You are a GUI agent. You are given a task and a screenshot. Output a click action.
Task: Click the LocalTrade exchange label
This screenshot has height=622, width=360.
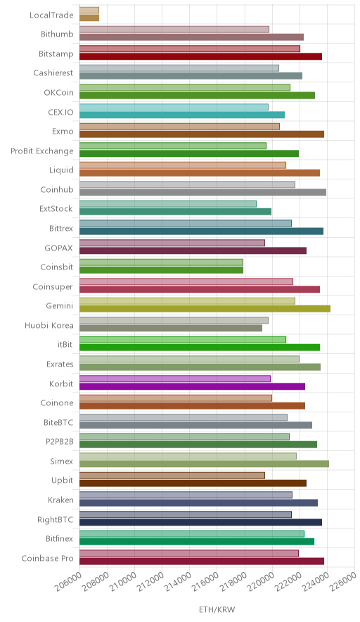pyautogui.click(x=51, y=15)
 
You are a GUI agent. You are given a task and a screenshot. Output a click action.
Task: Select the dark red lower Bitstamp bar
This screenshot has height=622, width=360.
pyautogui.click(x=200, y=56)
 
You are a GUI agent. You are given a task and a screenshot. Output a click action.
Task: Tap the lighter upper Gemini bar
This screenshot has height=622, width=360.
pyautogui.click(x=187, y=301)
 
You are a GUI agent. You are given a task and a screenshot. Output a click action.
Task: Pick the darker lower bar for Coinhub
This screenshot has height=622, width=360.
pyautogui.click(x=203, y=192)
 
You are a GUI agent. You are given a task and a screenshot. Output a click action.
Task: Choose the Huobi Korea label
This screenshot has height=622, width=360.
pyautogui.click(x=49, y=326)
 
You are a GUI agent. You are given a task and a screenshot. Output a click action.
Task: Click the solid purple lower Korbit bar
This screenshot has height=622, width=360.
pyautogui.click(x=192, y=386)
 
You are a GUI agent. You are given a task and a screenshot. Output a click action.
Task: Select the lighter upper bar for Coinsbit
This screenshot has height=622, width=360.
pyautogui.click(x=161, y=262)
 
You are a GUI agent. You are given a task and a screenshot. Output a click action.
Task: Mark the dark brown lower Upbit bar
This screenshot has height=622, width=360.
pyautogui.click(x=193, y=483)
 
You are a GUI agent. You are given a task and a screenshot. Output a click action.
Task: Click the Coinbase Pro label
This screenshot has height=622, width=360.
pyautogui.click(x=48, y=559)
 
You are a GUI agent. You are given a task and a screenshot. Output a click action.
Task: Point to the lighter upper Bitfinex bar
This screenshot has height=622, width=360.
pyautogui.click(x=192, y=534)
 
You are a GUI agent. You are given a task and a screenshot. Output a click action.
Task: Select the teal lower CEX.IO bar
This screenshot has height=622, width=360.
pyautogui.click(x=182, y=115)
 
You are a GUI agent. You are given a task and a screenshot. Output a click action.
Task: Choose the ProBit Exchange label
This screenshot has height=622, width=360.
pyautogui.click(x=42, y=151)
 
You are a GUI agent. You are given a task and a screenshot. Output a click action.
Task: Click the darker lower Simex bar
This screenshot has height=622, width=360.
pyautogui.click(x=204, y=464)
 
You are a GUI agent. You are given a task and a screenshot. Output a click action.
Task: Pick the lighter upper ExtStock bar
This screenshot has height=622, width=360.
pyautogui.click(x=168, y=204)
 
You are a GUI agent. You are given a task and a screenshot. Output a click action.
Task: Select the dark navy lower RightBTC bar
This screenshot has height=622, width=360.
pyautogui.click(x=200, y=522)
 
